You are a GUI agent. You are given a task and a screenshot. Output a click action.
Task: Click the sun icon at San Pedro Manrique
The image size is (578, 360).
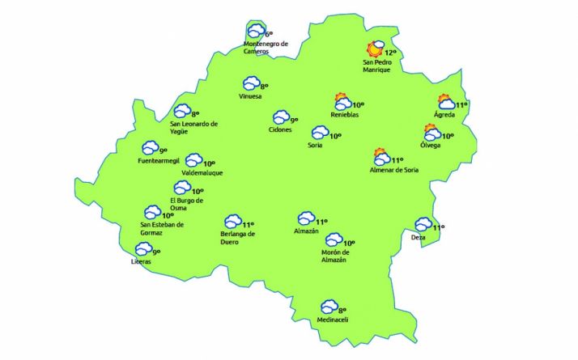click(x=375, y=49)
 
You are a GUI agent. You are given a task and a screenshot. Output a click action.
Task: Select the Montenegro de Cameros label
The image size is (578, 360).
click(x=266, y=47)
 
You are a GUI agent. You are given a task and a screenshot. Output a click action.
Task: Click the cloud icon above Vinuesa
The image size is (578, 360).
click(x=252, y=83)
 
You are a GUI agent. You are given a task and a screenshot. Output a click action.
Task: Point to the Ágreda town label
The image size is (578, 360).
click(x=444, y=115)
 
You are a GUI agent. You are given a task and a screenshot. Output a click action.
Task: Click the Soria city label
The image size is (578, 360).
click(x=315, y=146)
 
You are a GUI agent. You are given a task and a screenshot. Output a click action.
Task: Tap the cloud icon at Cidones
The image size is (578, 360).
click(x=281, y=118)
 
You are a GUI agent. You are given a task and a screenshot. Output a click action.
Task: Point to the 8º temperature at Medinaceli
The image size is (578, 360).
click(x=342, y=310)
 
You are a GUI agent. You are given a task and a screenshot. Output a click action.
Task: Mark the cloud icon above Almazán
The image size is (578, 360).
click(x=306, y=218)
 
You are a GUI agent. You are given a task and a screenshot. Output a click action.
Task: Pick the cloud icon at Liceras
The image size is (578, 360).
click(x=142, y=252)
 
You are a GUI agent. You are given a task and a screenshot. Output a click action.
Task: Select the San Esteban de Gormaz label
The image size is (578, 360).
click(x=162, y=229)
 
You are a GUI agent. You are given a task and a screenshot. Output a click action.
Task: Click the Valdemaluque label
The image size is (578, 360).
click(x=202, y=173)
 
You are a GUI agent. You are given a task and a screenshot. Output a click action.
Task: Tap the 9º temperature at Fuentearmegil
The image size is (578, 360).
click(x=163, y=150)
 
